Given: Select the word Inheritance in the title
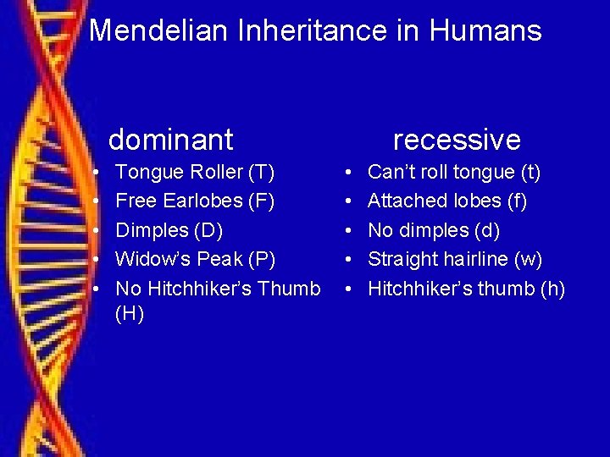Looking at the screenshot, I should click(x=330, y=31).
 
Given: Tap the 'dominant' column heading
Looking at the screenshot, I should click(x=170, y=139).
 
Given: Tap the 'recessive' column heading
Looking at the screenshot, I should click(x=457, y=139).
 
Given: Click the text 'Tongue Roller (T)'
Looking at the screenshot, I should click(x=195, y=173).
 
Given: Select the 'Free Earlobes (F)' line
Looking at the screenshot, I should click(x=195, y=201).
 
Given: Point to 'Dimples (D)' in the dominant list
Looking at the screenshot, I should click(x=169, y=230).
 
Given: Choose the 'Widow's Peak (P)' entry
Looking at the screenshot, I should click(x=195, y=259).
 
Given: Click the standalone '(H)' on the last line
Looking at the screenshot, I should click(x=130, y=315).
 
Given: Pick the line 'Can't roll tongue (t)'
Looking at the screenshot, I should click(x=454, y=173).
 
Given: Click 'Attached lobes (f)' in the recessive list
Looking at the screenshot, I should click(x=446, y=201).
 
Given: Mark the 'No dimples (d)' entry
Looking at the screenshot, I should click(x=434, y=230).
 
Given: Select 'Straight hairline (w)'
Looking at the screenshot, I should click(x=455, y=259).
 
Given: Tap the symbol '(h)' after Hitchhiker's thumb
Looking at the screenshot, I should click(x=552, y=289).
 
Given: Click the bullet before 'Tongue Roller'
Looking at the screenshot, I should click(x=97, y=173).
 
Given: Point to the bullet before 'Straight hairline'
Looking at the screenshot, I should click(x=350, y=260).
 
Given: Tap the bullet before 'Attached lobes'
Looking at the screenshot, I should click(x=350, y=202).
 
